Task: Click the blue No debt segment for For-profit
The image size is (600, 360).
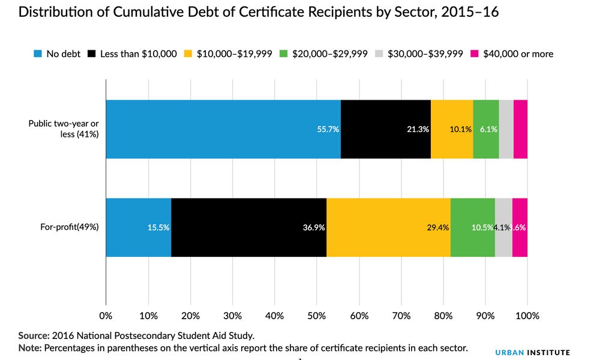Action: (138, 227)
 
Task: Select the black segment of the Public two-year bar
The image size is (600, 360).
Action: (385, 129)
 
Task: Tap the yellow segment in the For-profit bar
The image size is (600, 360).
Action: (388, 227)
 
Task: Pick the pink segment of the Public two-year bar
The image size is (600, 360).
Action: (520, 129)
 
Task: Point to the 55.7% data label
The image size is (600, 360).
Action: (328, 129)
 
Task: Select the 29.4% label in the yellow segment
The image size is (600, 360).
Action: (438, 227)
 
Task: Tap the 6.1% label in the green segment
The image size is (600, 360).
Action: (488, 129)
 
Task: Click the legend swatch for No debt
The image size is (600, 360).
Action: (38, 54)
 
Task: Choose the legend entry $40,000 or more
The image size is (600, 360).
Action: (521, 54)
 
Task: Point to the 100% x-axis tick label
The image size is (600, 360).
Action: (527, 316)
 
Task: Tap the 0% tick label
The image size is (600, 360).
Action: (106, 316)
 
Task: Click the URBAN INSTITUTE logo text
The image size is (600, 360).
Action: (532, 353)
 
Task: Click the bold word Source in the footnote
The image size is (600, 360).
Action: (33, 335)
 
